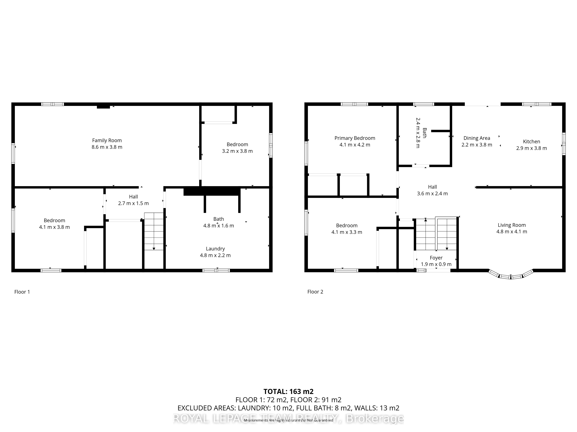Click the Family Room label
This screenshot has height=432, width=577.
pyautogui.click(x=107, y=140)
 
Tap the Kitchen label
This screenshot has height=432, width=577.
pyautogui.click(x=531, y=142)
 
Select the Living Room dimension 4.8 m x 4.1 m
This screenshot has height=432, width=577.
pyautogui.click(x=512, y=232)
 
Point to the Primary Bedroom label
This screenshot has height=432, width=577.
pyautogui.click(x=355, y=138)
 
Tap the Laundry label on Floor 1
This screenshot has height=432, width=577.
pyautogui.click(x=215, y=249)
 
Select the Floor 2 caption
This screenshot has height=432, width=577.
pyautogui.click(x=315, y=292)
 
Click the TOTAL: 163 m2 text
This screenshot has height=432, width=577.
pyautogui.click(x=288, y=391)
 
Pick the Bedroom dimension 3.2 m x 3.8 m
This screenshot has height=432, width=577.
pyautogui.click(x=237, y=151)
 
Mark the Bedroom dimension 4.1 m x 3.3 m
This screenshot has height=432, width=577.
pyautogui.click(x=347, y=232)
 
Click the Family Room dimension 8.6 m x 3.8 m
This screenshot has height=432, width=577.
pyautogui.click(x=107, y=147)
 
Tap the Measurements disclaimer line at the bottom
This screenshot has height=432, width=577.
pyautogui.click(x=288, y=420)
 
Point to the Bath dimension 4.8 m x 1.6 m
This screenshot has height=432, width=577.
pyautogui.click(x=219, y=226)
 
